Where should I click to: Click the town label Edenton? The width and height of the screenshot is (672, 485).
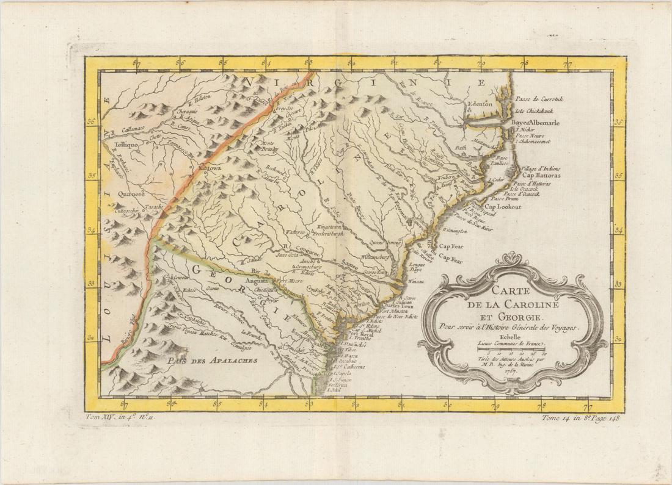(x=479, y=104)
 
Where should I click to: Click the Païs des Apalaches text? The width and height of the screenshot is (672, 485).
(x=209, y=361)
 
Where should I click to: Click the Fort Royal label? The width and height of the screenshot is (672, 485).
(x=358, y=334)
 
